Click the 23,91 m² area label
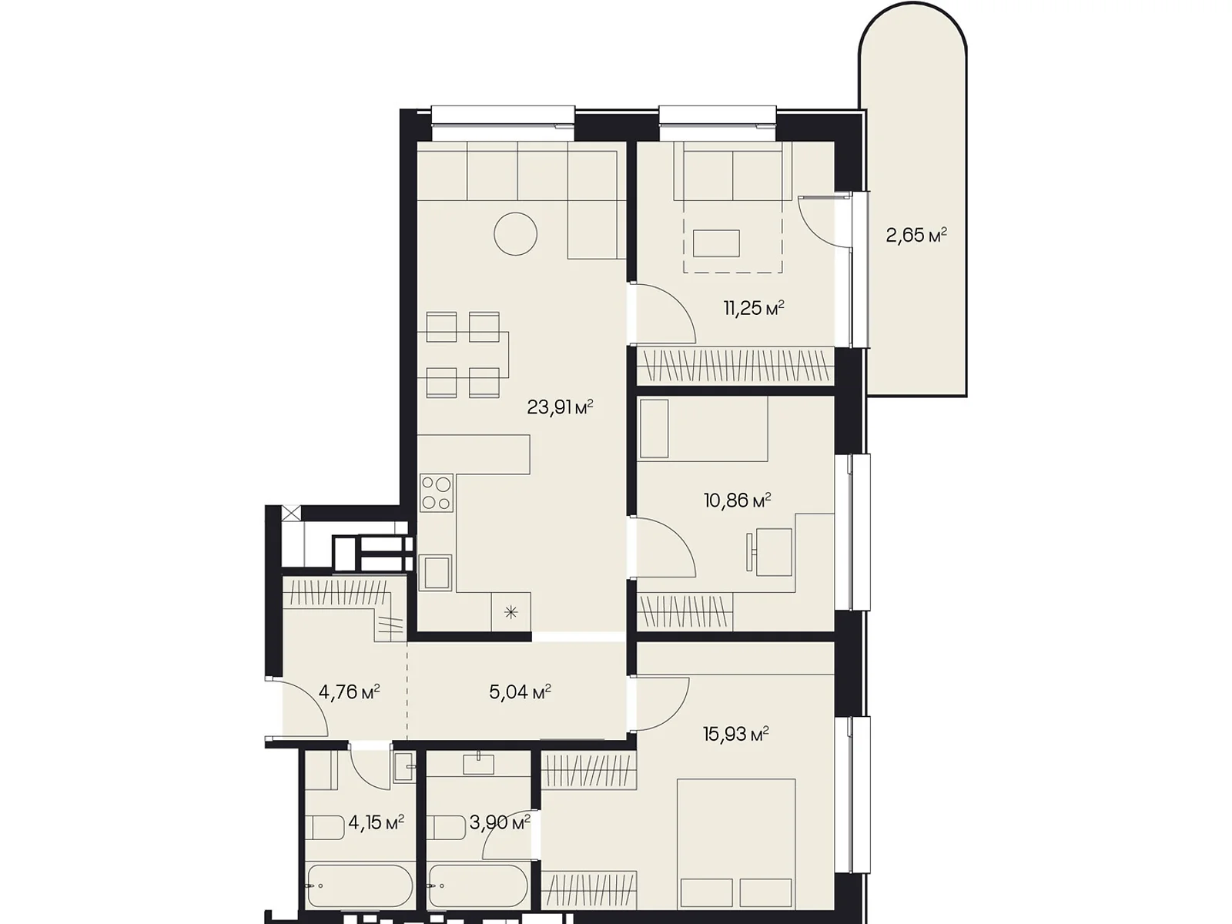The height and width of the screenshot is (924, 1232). tap(560, 407)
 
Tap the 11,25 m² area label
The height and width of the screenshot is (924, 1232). tap(753, 308)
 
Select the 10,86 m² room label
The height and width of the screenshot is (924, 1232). tap(737, 500)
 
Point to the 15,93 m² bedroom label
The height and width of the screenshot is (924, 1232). tap(736, 734)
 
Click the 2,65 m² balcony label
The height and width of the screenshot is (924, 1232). tap(916, 235)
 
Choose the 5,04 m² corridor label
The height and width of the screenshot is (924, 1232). tap(520, 691)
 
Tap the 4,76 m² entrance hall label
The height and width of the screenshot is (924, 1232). tap(349, 691)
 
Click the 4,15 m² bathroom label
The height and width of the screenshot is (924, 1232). tap(376, 823)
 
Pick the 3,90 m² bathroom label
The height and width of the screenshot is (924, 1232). tap(500, 823)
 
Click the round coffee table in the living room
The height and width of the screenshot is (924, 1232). tap(515, 234)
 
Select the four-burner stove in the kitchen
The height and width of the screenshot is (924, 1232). tap(437, 493)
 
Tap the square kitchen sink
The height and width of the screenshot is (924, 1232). tap(436, 572)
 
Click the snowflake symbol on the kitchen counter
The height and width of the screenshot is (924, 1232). tap(511, 611)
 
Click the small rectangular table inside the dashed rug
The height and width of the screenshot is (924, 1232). tap(716, 243)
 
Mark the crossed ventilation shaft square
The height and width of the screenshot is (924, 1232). tap(291, 514)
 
